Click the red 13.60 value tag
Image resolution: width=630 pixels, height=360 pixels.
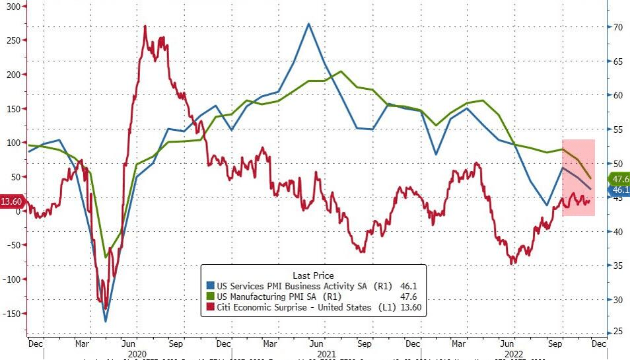tap(12, 202)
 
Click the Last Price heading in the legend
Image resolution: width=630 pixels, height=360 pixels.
tap(313, 275)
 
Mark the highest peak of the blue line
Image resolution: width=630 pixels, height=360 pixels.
tap(308, 24)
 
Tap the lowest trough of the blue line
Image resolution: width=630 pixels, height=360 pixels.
tap(106, 322)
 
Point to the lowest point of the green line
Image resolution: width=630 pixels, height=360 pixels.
tap(106, 257)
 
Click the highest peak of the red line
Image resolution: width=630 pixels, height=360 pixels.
tap(145, 26)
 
